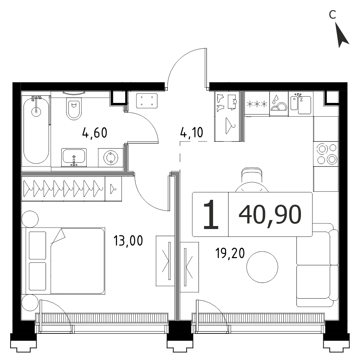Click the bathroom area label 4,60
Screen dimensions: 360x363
pyautogui.click(x=95, y=133)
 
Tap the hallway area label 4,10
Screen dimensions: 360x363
pyautogui.click(x=191, y=132)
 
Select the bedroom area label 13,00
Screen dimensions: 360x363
pyautogui.click(x=128, y=241)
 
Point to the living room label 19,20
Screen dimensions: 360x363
pyautogui.click(x=230, y=253)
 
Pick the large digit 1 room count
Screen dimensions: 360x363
pyautogui.click(x=210, y=215)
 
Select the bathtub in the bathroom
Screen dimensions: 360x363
pyautogui.click(x=36, y=131)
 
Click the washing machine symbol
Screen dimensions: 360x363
pyautogui.click(x=111, y=158)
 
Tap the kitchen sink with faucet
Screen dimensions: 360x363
pyautogui.click(x=301, y=104)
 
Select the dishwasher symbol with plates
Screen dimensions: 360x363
pyautogui.click(x=279, y=103)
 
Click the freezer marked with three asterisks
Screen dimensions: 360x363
pyautogui.click(x=257, y=104)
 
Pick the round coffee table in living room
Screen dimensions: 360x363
pyautogui.click(x=262, y=267)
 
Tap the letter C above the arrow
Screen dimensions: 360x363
pyautogui.click(x=332, y=15)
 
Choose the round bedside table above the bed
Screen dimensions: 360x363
pyautogui.click(x=30, y=219)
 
